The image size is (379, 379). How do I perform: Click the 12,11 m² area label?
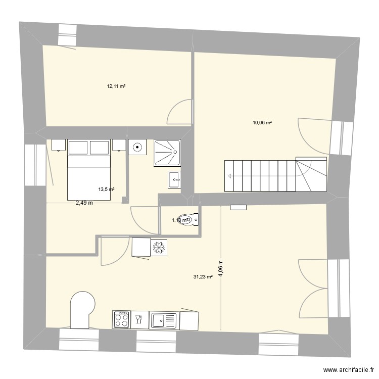[116, 86]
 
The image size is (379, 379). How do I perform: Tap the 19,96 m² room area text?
[262, 122]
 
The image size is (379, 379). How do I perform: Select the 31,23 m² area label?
[203, 276]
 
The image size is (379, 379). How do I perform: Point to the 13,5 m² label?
[106, 189]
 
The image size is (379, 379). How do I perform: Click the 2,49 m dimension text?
[84, 203]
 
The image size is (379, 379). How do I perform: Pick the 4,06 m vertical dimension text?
[220, 268]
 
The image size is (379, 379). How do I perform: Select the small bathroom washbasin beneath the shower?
[174, 178]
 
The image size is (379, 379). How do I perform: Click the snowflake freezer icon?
[159, 248]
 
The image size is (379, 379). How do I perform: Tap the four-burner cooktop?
[121, 319]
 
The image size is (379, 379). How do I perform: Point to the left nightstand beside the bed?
[59, 146]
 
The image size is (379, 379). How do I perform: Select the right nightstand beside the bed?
[119, 146]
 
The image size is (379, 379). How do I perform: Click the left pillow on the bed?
[78, 148]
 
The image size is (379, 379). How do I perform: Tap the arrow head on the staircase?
[230, 176]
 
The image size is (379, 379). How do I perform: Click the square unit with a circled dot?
[137, 148]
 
